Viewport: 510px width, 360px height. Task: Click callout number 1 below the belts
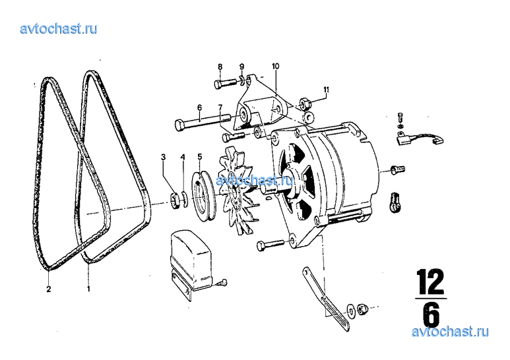pyautogui.click(x=88, y=289)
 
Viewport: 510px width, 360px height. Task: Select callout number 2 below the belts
pyautogui.click(x=48, y=289)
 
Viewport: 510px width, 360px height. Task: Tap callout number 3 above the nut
pyautogui.click(x=163, y=158)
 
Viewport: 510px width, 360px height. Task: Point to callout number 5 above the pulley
pyautogui.click(x=200, y=157)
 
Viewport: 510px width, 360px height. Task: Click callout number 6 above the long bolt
pyautogui.click(x=199, y=107)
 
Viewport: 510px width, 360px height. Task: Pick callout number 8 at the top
pyautogui.click(x=220, y=67)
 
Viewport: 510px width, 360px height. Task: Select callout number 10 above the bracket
pyautogui.click(x=276, y=67)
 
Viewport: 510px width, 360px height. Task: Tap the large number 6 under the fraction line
pyautogui.click(x=431, y=315)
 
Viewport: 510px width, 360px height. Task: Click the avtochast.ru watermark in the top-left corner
pyautogui.click(x=59, y=28)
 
